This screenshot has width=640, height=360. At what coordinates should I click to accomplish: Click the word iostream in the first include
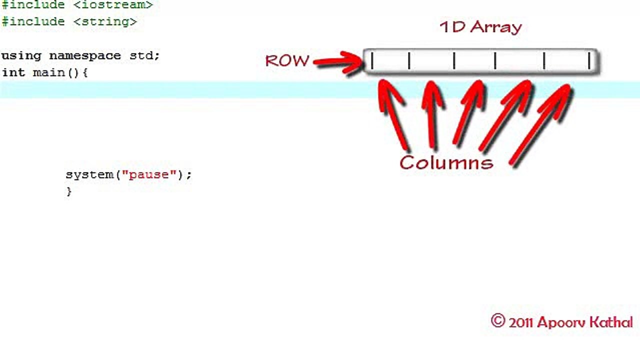(x=113, y=5)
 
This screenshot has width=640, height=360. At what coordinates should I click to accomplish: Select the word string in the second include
(x=105, y=22)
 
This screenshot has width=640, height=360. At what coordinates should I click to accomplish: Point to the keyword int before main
(x=13, y=72)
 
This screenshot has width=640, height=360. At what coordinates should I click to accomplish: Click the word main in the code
(x=49, y=72)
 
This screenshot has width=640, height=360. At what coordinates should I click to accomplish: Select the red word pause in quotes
(x=149, y=175)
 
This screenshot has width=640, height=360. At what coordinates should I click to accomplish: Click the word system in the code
(x=89, y=175)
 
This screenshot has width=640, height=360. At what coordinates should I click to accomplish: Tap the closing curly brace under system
(x=69, y=191)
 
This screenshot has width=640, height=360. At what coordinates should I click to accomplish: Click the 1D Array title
(x=481, y=27)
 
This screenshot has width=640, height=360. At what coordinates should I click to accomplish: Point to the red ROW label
(x=287, y=61)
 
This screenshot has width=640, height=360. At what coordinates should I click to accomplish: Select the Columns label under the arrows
(x=446, y=162)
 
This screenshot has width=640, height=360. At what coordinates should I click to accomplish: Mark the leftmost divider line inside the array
(x=372, y=60)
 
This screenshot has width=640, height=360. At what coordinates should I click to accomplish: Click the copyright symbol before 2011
(x=498, y=320)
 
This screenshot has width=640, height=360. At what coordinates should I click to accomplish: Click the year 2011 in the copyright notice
(x=521, y=323)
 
